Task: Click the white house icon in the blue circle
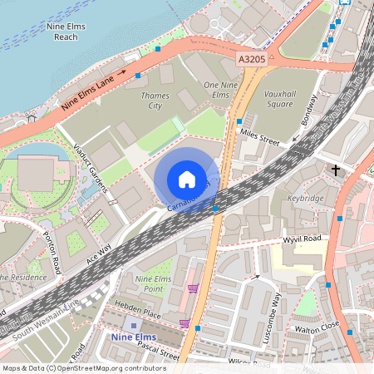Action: (x=187, y=180)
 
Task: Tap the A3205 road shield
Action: (x=251, y=60)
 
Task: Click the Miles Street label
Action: (x=258, y=135)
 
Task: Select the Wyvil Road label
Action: (x=303, y=239)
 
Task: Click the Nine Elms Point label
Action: (x=153, y=283)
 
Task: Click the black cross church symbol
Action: (x=336, y=170)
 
